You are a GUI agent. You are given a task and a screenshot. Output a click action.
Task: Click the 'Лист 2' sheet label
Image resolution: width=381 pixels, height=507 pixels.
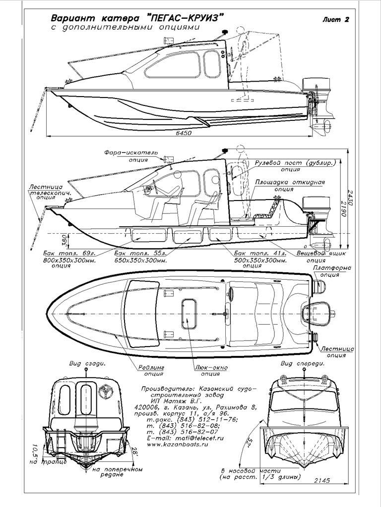point(335,20)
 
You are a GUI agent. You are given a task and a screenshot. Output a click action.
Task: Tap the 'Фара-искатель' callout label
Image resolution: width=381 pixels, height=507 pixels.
point(130,152)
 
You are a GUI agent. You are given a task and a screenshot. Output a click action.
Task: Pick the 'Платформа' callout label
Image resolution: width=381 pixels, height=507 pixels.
point(332,268)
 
